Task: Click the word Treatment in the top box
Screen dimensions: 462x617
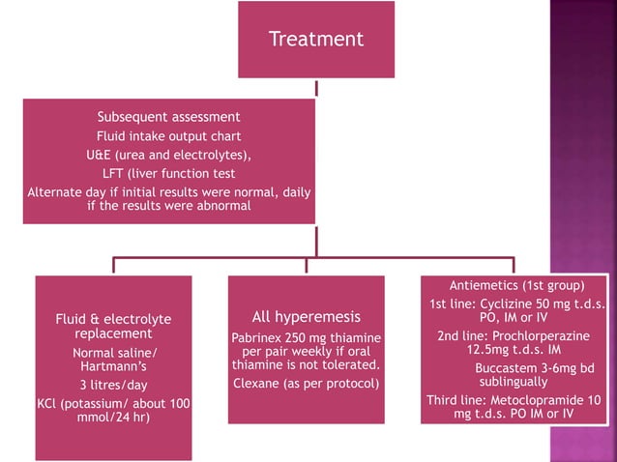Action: coord(316,40)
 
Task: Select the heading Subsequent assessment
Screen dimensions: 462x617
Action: coord(168,118)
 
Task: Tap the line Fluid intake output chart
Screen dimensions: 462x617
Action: coord(168,136)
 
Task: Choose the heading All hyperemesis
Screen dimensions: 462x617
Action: coord(306,317)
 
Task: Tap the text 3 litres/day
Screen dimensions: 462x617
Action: coord(113,384)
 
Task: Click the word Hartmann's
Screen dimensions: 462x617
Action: coord(113,367)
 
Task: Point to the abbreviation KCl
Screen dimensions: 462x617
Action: coord(50,402)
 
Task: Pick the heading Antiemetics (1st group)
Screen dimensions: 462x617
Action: coord(516,286)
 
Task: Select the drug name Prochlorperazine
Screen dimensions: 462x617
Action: coord(543,336)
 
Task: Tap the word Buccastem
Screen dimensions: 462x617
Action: coord(510,368)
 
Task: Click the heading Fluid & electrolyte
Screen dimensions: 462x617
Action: coord(113,319)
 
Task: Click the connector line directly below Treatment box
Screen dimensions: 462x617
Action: coord(316,88)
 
